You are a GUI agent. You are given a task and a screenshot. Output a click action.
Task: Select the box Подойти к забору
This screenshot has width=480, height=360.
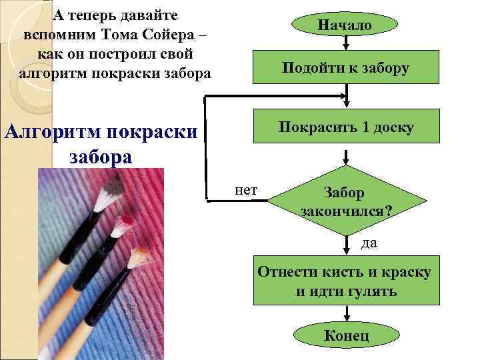click(345, 67)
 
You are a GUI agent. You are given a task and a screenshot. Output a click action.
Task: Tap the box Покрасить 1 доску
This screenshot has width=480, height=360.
click(346, 127)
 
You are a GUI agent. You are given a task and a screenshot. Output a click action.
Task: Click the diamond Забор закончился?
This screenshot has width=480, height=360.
click(345, 201)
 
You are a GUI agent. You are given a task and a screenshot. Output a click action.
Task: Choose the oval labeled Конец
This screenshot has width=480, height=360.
click(345, 335)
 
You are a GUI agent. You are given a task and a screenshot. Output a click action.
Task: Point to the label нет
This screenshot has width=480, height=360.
click(246, 190)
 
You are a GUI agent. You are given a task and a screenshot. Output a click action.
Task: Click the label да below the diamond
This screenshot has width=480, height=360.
click(369, 243)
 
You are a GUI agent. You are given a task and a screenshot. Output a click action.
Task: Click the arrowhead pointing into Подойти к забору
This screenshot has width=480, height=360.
click(345, 47)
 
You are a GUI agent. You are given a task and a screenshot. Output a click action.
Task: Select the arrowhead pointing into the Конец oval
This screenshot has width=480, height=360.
click(345, 319)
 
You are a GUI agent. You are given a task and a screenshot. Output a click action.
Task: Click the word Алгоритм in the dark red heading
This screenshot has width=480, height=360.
click(51, 131)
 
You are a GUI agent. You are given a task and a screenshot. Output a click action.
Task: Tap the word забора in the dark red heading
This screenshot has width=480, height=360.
click(101, 157)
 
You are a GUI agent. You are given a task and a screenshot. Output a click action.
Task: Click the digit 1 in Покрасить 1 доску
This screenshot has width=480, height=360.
click(366, 127)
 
